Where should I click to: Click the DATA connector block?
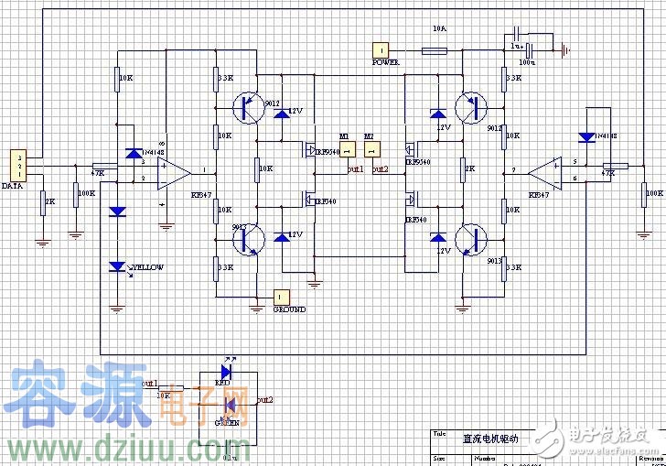[x=17, y=166]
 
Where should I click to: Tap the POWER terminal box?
[x=380, y=49]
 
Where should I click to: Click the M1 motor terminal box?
[x=347, y=149]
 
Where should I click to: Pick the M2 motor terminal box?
[x=371, y=149]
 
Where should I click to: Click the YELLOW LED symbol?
[x=117, y=266]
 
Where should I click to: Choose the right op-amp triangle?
[x=547, y=169]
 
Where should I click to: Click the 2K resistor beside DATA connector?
[x=43, y=201]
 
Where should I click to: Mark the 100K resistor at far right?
[x=640, y=194]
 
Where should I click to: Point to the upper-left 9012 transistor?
[x=246, y=107]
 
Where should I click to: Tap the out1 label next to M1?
[x=355, y=169]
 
